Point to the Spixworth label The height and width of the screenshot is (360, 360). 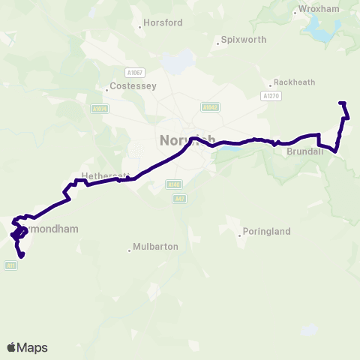point(244,40)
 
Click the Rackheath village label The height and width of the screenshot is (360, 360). point(295,82)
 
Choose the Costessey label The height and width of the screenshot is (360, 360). point(132,86)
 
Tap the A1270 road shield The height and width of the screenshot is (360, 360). point(270,96)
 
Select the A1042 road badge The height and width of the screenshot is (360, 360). point(210,107)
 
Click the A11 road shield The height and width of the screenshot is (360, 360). point(10,265)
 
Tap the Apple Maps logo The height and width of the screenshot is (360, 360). point(27,347)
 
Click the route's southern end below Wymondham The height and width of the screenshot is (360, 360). point(21,256)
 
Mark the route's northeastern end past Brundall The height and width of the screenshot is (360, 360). point(341,102)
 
